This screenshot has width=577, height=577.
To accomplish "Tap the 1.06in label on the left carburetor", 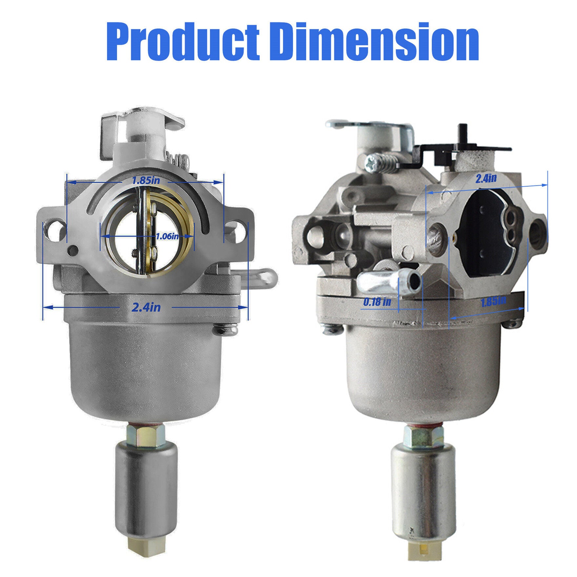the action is pyautogui.click(x=167, y=236).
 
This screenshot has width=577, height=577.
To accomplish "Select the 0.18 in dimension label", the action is pyautogui.click(x=377, y=302).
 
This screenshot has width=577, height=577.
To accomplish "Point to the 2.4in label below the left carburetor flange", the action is pyautogui.click(x=146, y=307).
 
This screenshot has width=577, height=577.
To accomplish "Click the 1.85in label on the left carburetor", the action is pyautogui.click(x=146, y=180).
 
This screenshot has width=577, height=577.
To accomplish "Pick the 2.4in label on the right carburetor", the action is pyautogui.click(x=486, y=179).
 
